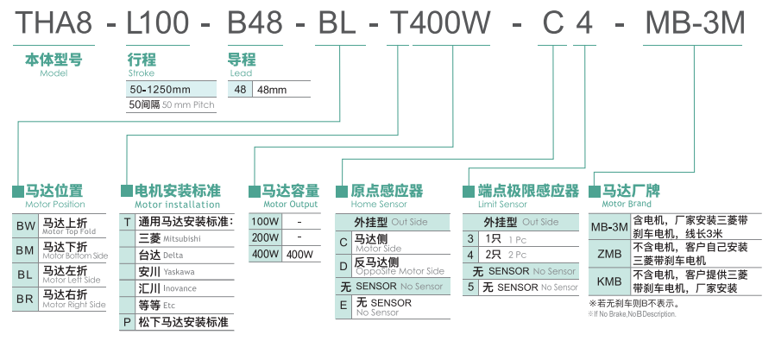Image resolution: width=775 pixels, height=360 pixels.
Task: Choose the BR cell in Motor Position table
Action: coord(26,300)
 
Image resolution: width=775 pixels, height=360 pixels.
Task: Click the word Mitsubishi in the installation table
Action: coord(181,238)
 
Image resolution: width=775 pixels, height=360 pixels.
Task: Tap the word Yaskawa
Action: coord(179,272)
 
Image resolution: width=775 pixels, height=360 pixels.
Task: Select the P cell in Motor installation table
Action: coord(128,322)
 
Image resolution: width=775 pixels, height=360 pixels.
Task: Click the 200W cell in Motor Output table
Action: coord(264,237)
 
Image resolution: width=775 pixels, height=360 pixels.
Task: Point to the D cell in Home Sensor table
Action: coord(343,265)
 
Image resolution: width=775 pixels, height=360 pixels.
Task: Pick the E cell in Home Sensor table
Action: coord(343,306)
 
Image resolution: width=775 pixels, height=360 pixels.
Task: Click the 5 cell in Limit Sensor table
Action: coord(470,287)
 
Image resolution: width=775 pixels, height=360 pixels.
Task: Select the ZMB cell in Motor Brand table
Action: coord(608,254)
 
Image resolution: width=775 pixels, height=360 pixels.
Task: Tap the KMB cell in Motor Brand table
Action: coord(608,281)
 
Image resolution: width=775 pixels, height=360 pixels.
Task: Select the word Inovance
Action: coord(180,288)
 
